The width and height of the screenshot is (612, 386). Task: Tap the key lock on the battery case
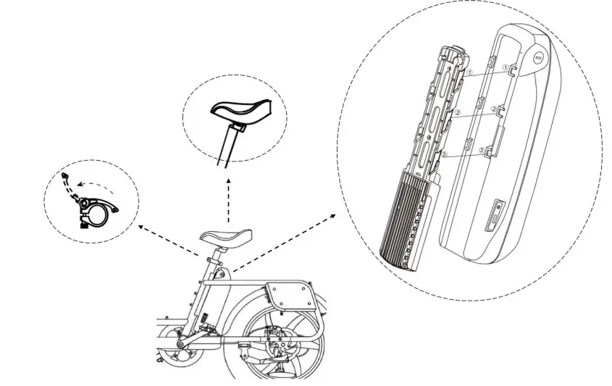pos(537,56)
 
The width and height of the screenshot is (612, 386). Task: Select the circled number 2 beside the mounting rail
pos(457,113)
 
